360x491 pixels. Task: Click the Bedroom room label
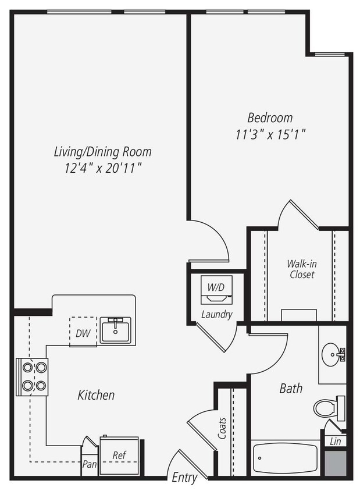pyautogui.click(x=269, y=118)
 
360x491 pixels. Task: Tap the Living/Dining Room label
pyautogui.click(x=102, y=152)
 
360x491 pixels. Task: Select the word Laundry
pyautogui.click(x=216, y=315)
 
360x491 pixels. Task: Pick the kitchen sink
pyautogui.click(x=115, y=330)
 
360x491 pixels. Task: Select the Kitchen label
pyautogui.click(x=96, y=395)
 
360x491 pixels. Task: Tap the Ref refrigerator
pyautogui.click(x=119, y=455)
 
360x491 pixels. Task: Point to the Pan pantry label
pyautogui.click(x=89, y=465)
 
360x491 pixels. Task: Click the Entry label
pyautogui.click(x=184, y=478)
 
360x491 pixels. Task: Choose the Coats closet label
pyautogui.click(x=223, y=428)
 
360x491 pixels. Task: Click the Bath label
pyautogui.click(x=291, y=388)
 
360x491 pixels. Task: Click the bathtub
pyautogui.click(x=286, y=458)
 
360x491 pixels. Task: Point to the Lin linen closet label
pyautogui.click(x=336, y=442)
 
